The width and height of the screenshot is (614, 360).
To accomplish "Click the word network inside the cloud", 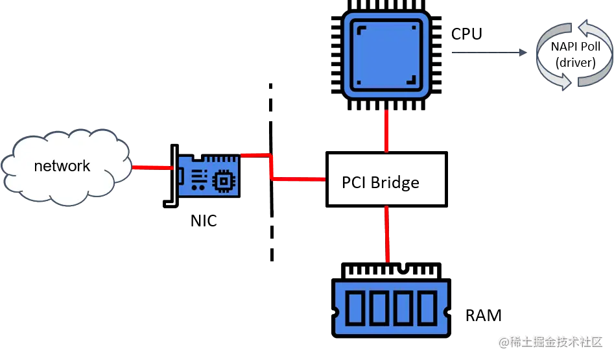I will pos(62,166).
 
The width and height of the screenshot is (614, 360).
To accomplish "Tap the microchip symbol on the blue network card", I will pos(224,180).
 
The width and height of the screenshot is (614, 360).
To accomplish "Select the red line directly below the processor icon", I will pos(386,131).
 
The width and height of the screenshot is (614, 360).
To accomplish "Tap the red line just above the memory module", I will pos(387,234).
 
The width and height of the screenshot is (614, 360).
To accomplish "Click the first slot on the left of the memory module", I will pos(355,308).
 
